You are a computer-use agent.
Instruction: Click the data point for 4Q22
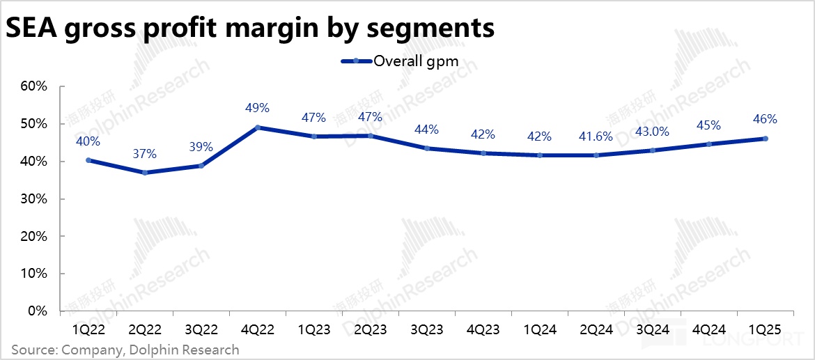(x=258, y=127)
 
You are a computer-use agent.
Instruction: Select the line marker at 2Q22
(x=145, y=172)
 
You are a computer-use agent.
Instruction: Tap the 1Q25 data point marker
(x=765, y=139)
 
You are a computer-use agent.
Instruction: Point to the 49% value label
(x=258, y=109)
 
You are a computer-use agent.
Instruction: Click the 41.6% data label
(x=596, y=136)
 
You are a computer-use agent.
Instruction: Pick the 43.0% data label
(x=652, y=132)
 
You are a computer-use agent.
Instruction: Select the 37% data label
(x=145, y=153)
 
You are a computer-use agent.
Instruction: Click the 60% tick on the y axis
(x=32, y=87)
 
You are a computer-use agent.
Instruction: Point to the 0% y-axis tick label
(x=36, y=311)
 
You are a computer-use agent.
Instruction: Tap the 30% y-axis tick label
(x=32, y=199)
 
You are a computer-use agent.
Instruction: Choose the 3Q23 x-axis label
(x=426, y=327)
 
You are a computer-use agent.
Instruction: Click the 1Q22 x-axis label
(x=88, y=327)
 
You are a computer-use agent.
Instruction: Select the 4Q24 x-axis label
(x=708, y=327)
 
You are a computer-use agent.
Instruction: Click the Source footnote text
(x=125, y=350)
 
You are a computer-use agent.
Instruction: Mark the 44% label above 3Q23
(x=426, y=130)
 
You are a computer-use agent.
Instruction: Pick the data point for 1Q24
(x=539, y=155)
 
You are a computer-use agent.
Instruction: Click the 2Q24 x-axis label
(x=596, y=327)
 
